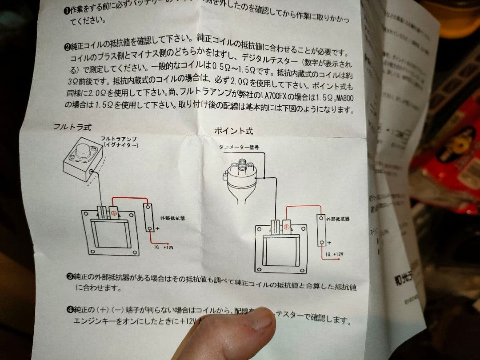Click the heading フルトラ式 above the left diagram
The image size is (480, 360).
pyautogui.click(x=72, y=127)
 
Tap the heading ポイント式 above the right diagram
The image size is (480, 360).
pyautogui.click(x=233, y=131)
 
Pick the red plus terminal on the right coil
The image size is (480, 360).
pyautogui.click(x=286, y=227)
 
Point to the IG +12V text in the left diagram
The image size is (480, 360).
pyautogui.click(x=163, y=248)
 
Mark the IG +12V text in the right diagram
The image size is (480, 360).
pyautogui.click(x=334, y=254)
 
